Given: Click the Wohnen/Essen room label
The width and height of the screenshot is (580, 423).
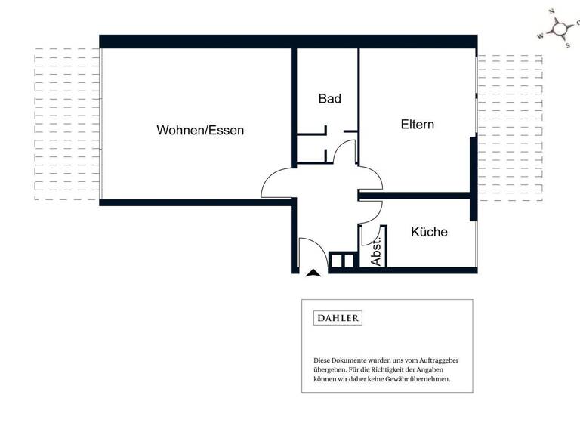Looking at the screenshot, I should coord(200,130).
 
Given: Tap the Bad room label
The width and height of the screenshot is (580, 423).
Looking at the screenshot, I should coord(329,99).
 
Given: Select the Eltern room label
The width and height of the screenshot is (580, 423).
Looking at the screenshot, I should coord(417,125).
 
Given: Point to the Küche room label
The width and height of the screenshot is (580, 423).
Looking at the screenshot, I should coord(429,232).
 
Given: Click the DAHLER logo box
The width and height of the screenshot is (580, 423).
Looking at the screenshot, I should coord(338,318).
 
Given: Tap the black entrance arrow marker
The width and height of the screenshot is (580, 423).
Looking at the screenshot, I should coord(314,273).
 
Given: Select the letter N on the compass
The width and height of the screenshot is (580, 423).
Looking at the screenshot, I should coord(552,12).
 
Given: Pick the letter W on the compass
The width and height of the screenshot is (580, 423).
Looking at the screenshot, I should coord(539,36).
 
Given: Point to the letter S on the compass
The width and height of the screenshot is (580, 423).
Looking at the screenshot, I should coord(568,45).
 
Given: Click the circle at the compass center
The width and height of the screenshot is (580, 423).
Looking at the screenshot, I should coord(560,29).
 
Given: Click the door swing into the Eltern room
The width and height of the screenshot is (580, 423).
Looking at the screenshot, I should coord(372,178).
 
